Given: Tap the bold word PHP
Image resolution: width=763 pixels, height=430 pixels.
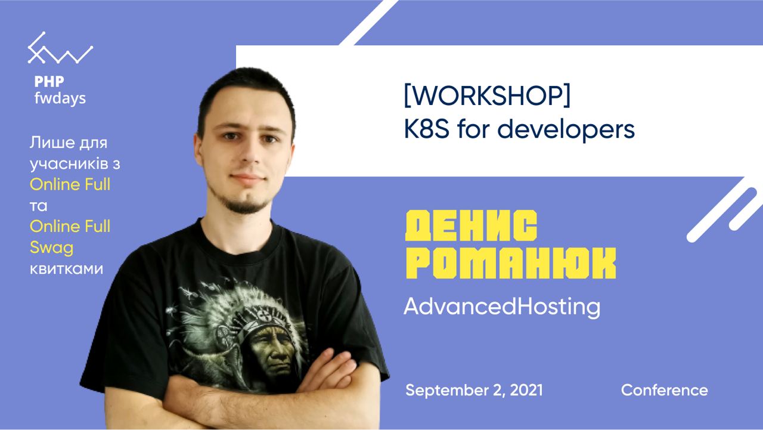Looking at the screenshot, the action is coord(49,82).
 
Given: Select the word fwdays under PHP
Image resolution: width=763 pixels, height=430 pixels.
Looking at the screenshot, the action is coord(60,98).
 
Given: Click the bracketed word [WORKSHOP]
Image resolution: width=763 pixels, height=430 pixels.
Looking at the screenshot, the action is coord(487,95).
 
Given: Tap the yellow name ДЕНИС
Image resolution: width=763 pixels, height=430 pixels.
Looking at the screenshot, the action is coord(471,226).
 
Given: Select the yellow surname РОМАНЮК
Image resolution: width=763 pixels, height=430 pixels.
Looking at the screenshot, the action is coord(511,263).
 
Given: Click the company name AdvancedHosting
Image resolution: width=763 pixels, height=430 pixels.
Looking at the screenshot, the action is coord(502,307).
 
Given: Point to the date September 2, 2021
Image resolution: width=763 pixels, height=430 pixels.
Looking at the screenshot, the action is coord(474,390).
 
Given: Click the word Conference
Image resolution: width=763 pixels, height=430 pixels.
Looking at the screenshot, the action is coord(664,390).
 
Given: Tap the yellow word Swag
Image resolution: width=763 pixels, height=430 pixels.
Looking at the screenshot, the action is coord(51,248).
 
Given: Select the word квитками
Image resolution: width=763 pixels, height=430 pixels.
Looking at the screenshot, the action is coord(66,269).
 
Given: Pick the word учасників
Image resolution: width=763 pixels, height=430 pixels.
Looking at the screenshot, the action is coord(69,164).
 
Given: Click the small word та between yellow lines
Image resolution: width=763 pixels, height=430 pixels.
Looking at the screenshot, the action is coord(39,206).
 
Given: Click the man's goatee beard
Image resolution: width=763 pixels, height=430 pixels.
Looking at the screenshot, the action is coord(244,205).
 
